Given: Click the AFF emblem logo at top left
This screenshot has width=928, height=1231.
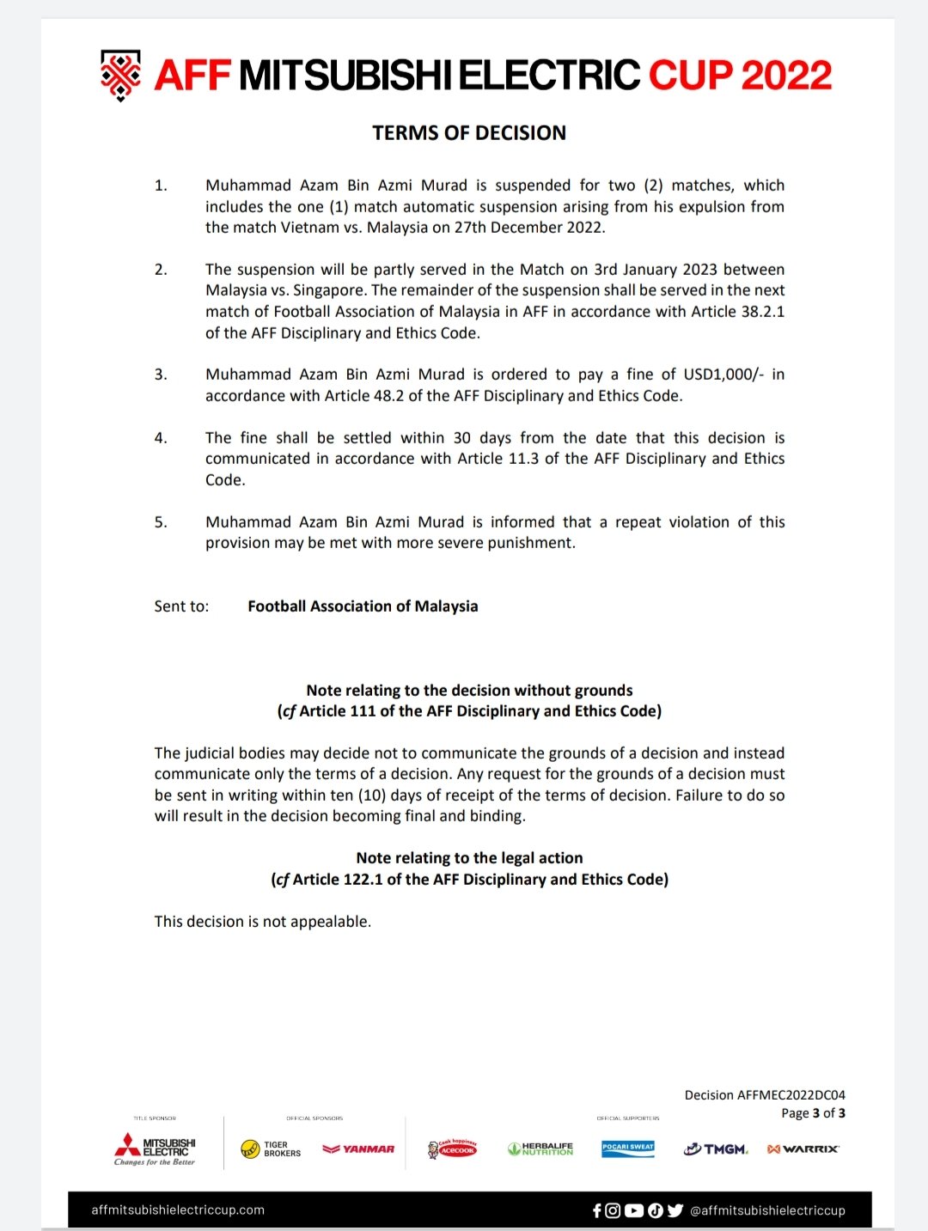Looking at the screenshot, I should [x=121, y=76].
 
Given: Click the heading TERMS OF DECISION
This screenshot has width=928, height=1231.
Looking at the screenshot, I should [x=469, y=133].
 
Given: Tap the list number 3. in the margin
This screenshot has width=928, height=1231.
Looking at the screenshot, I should [x=161, y=375].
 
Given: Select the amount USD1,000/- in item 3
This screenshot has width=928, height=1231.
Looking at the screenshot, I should [x=723, y=375].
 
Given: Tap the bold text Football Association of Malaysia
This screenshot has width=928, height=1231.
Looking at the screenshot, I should [x=363, y=606].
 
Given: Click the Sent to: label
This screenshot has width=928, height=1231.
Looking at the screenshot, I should [x=181, y=606].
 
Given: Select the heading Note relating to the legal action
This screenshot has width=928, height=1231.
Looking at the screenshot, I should [x=469, y=858].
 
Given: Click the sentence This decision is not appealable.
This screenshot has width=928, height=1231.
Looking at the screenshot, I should [x=263, y=922].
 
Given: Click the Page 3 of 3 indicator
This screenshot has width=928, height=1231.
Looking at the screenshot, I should [x=813, y=1113].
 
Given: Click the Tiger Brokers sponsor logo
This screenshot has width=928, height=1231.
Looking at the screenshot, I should [x=271, y=1149].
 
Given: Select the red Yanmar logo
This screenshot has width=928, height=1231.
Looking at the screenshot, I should [x=358, y=1149].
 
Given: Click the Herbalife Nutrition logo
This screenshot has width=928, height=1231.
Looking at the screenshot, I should [x=540, y=1149].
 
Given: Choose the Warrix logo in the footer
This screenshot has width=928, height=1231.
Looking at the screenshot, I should [x=803, y=1149].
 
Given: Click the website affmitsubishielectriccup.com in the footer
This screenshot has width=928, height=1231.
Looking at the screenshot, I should [x=178, y=1210].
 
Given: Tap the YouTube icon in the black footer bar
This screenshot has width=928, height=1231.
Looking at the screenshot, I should [x=634, y=1210].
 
